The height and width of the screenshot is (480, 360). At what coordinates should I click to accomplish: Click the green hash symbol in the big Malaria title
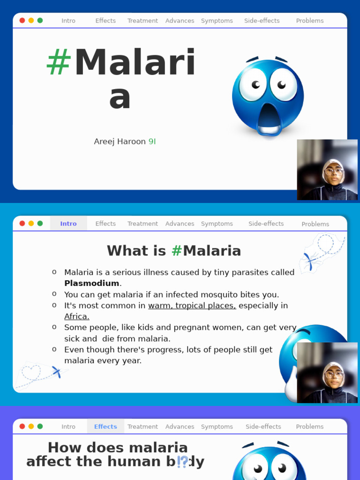59,62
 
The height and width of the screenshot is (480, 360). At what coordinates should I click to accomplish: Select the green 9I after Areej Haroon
152,142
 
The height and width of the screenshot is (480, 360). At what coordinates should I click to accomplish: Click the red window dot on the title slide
22,21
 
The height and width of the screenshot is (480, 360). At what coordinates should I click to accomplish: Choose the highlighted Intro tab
68,224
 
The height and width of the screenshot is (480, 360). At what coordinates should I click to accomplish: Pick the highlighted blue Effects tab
105,427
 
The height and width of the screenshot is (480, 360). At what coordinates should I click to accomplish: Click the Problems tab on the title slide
310,21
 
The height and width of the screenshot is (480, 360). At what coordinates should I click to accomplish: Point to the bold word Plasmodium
91,283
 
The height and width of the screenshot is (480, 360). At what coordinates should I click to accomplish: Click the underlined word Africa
76,316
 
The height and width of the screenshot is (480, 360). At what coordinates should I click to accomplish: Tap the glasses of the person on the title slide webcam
333,171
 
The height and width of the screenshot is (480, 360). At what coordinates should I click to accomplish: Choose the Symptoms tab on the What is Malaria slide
217,224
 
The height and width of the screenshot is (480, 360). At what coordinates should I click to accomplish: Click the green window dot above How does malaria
40,426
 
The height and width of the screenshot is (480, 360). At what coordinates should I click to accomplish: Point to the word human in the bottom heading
134,461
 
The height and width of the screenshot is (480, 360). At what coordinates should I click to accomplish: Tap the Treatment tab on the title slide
142,21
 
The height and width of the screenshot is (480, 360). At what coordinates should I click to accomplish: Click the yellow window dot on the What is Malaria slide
31,223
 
